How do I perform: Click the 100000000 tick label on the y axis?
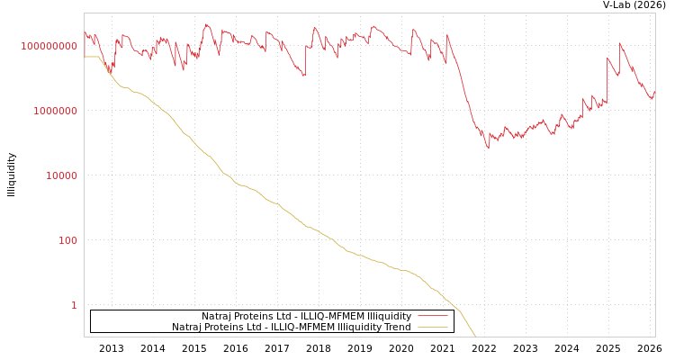(49, 46)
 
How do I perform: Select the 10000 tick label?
(62, 175)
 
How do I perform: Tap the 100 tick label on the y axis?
(68, 240)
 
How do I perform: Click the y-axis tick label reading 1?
(74, 305)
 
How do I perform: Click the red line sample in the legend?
(433, 317)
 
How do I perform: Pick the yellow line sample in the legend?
(433, 328)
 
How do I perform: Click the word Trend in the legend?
(397, 328)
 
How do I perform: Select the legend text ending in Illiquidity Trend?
(291, 328)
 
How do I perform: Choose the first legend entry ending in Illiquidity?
(306, 317)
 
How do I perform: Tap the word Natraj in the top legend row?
(217, 317)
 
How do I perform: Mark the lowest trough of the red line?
(489, 148)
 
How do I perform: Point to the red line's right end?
(654, 91)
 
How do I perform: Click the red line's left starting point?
(85, 31)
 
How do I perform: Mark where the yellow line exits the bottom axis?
(476, 337)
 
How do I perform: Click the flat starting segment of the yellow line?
(91, 57)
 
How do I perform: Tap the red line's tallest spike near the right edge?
(620, 43)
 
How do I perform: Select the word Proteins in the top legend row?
(253, 317)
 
